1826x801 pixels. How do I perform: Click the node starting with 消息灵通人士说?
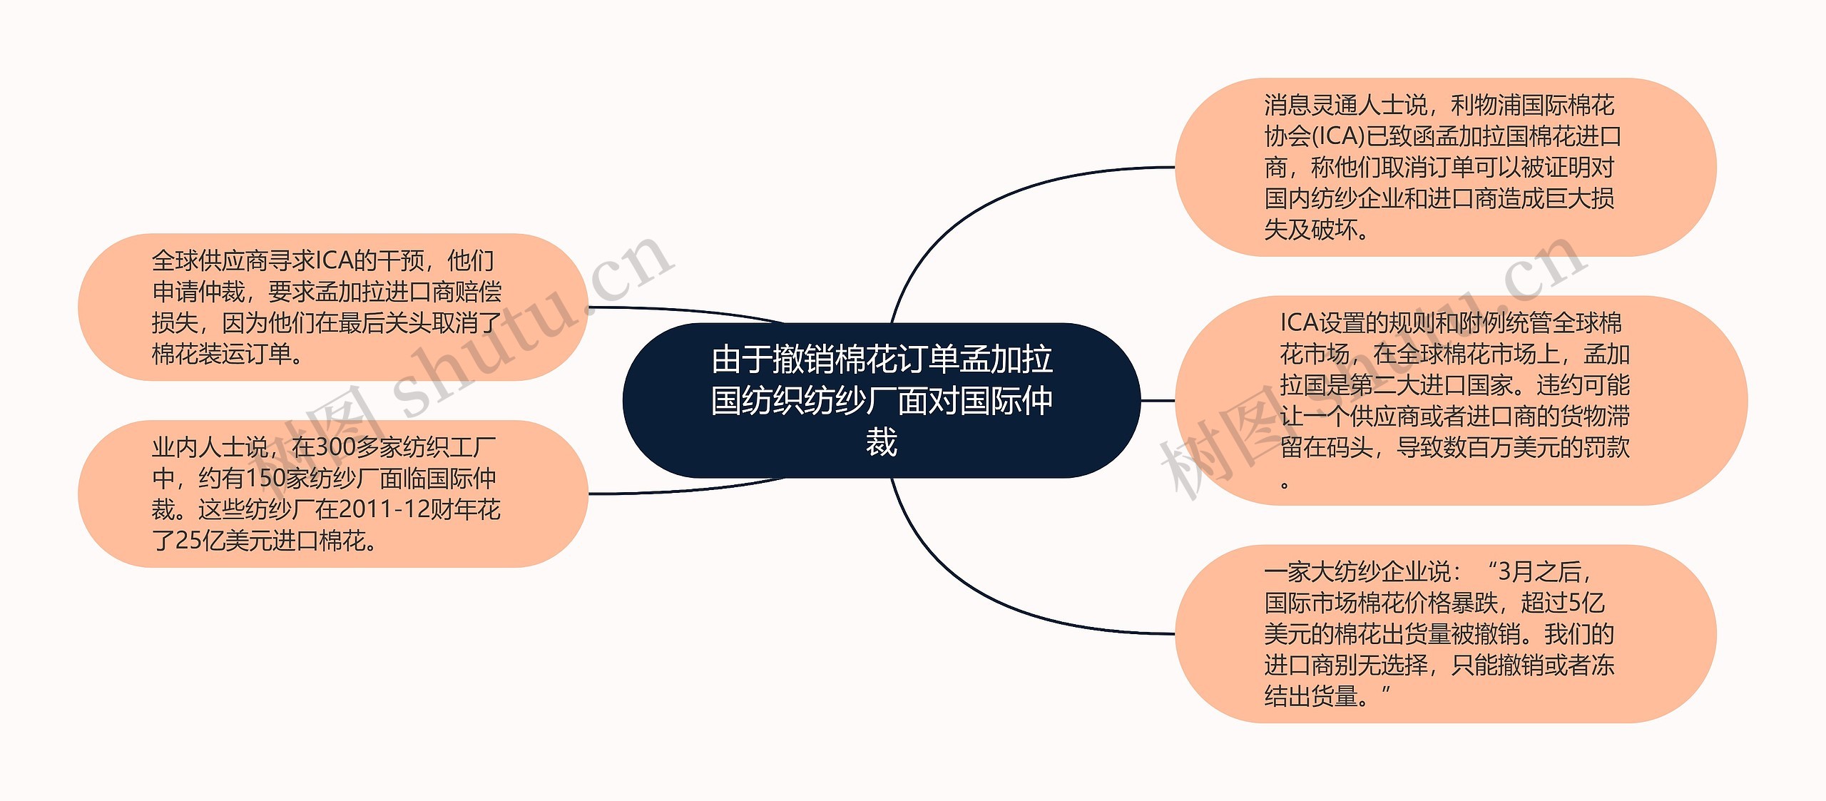pos(1444,167)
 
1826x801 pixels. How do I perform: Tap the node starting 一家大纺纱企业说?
pos(1444,633)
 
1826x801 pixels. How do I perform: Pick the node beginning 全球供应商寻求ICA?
pos(332,307)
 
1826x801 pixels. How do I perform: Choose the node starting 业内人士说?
pos(332,494)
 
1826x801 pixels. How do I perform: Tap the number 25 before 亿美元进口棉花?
pos(188,541)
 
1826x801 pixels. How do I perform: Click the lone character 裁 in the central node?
pos(881,442)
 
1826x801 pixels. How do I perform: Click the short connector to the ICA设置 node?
pos(1157,401)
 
